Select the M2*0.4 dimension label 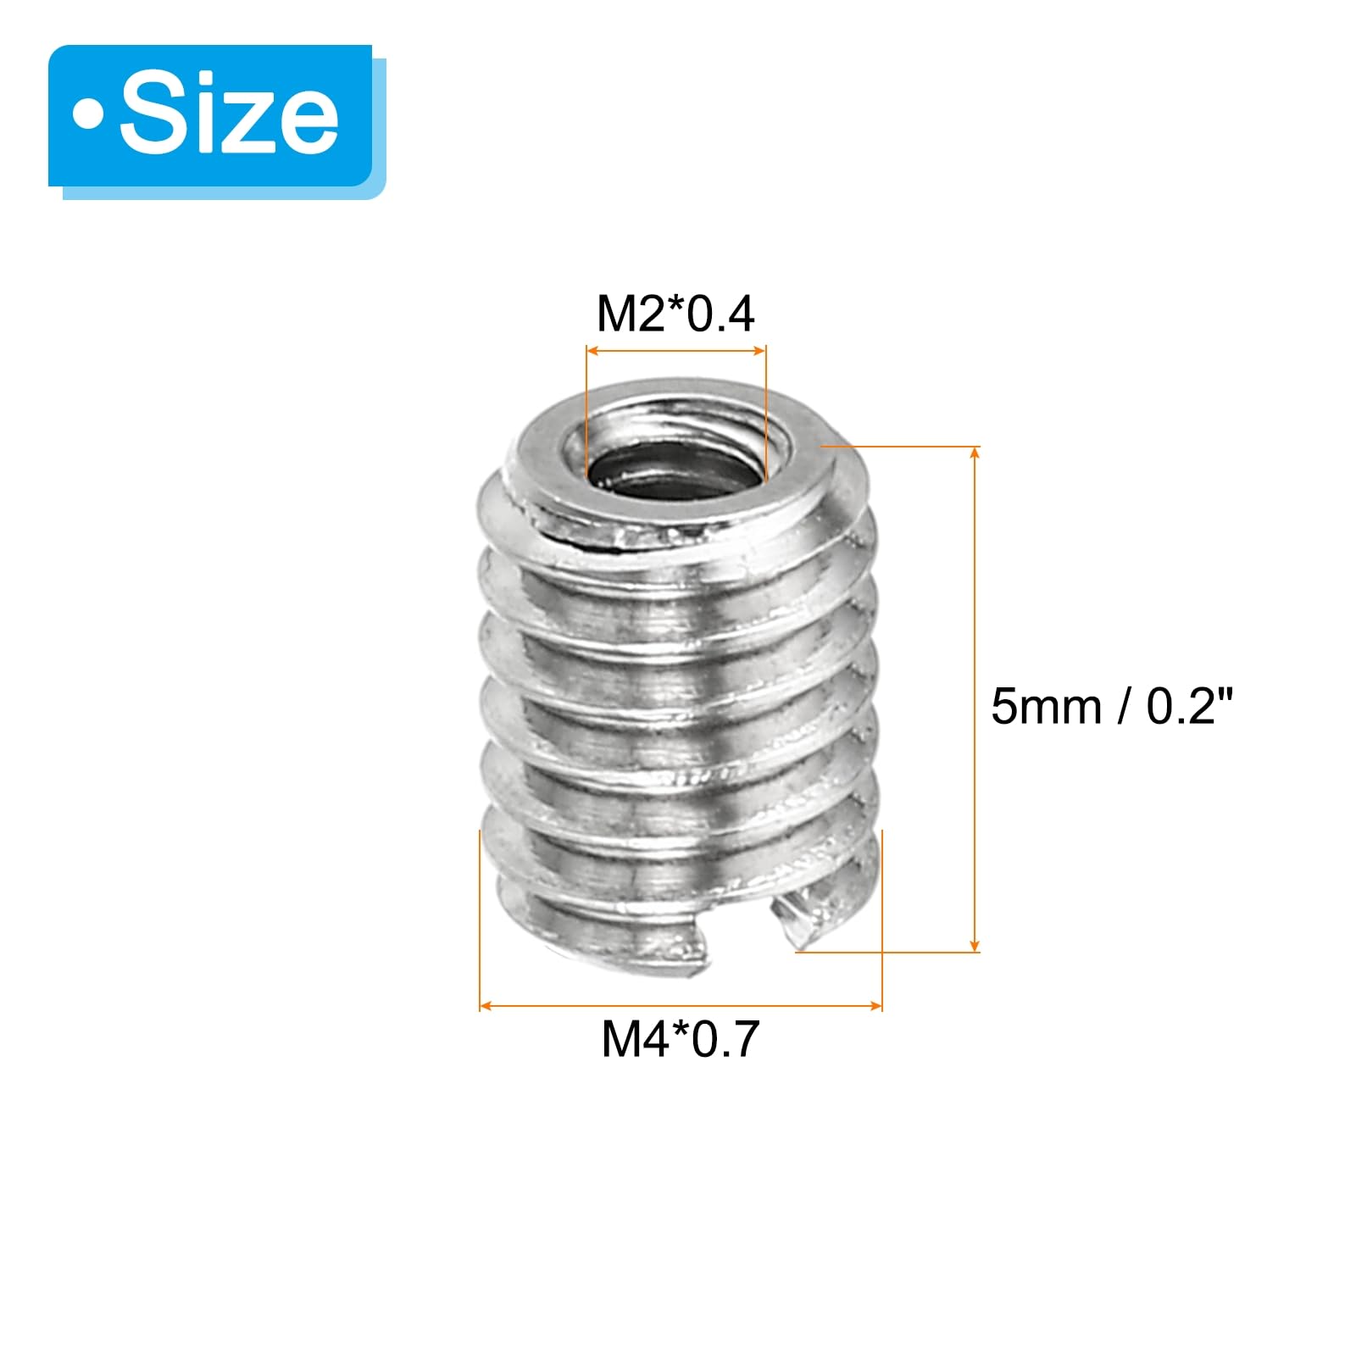click(675, 314)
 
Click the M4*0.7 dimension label click(681, 1039)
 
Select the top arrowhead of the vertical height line click(975, 453)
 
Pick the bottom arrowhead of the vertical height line click(975, 944)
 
